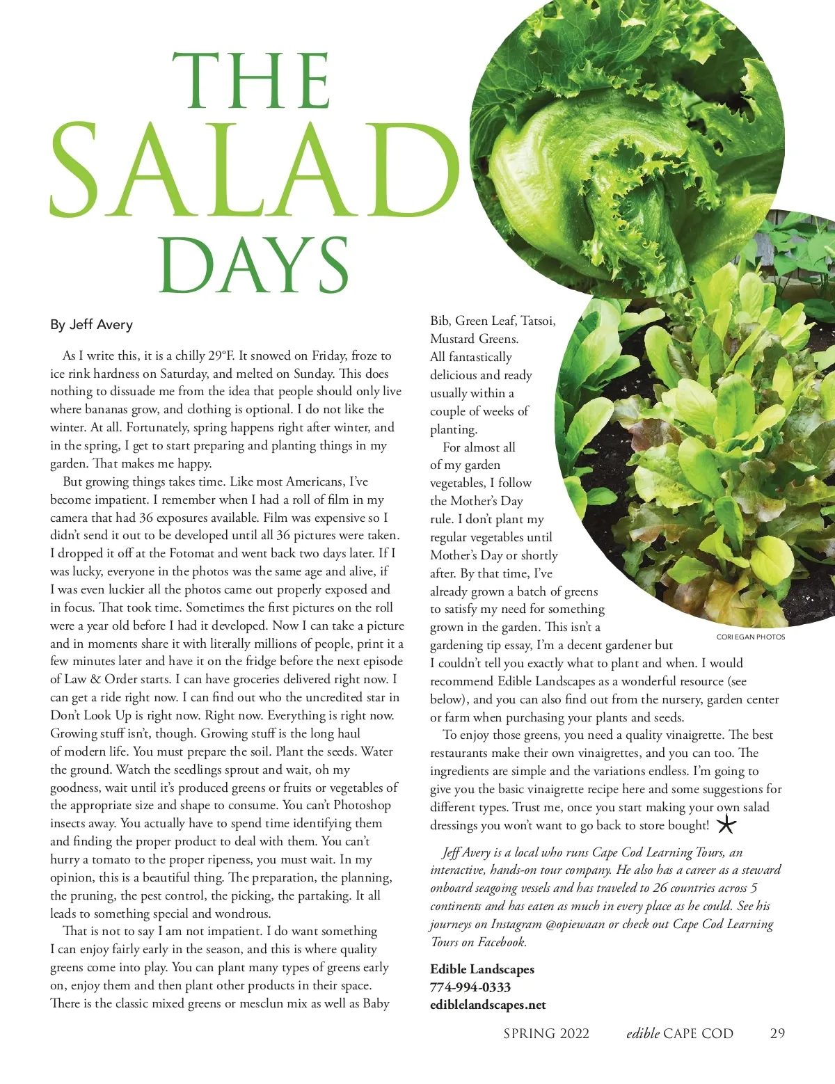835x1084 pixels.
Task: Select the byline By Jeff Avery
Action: (91, 325)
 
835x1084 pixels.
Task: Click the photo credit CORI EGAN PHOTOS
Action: (750, 637)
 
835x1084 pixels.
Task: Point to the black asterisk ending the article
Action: (726, 825)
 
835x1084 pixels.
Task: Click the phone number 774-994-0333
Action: (470, 987)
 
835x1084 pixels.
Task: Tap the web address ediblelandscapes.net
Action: (488, 1005)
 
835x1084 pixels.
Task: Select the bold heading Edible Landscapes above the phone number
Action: (482, 969)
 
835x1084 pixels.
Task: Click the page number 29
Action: (777, 1033)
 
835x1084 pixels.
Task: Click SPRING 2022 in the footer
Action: (546, 1034)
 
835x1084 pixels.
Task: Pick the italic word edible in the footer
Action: (642, 1034)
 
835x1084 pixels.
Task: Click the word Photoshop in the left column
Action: (362, 806)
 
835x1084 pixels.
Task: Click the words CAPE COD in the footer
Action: (699, 1034)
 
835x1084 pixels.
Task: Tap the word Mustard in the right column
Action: (452, 339)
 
